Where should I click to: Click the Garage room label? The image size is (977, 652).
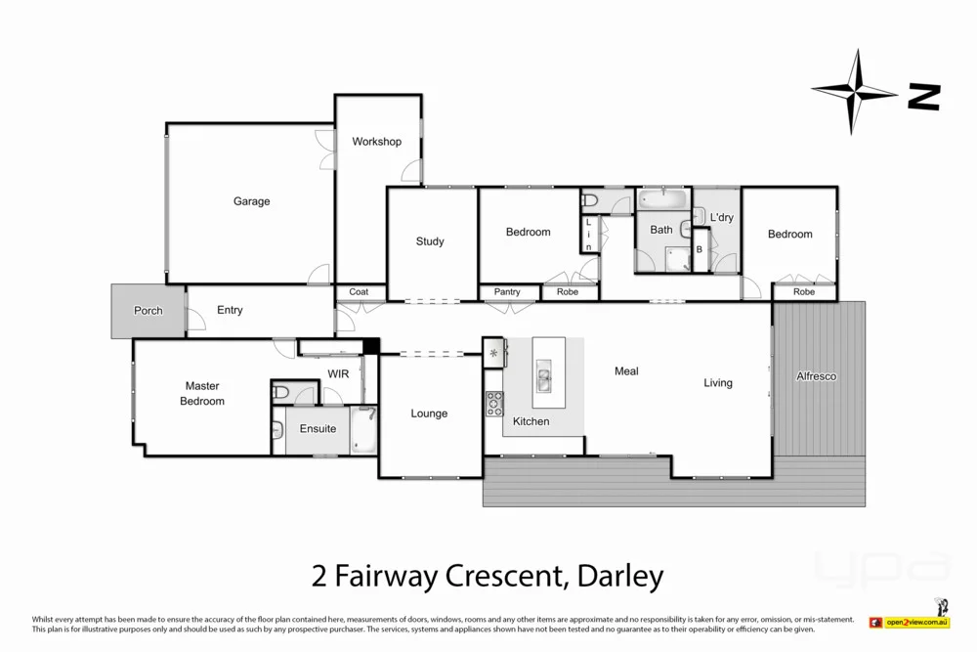coord(251,201)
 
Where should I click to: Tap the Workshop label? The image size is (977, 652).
coord(377,142)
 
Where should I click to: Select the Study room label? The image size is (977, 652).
coord(430,241)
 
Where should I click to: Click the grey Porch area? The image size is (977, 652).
coord(148,311)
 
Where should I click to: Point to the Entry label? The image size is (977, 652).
coord(230,310)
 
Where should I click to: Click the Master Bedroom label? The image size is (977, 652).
coord(202,393)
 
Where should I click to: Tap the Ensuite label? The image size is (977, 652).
coord(318,429)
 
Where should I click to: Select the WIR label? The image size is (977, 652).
coord(338,373)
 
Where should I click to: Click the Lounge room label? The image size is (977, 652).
coord(429,413)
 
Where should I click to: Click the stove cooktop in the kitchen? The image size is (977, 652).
coord(494,403)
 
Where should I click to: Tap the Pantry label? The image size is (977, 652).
coord(507,292)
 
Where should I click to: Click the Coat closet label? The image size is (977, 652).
coord(359,291)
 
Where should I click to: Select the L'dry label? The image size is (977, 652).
coord(721,217)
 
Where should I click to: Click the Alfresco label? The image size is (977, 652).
coord(817,375)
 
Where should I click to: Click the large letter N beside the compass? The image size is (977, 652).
coord(923,96)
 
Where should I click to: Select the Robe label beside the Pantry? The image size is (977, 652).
coord(567,292)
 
